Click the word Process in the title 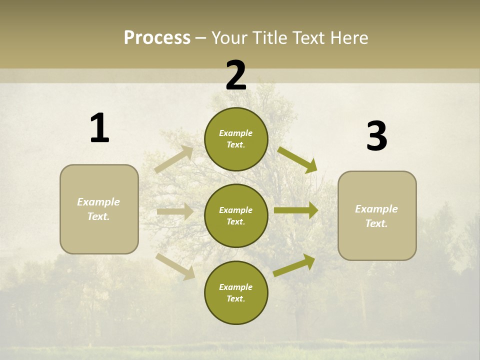pyautogui.click(x=157, y=37)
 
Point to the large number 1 pyautogui.click(x=99, y=128)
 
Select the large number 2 pyautogui.click(x=236, y=75)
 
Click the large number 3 pyautogui.click(x=376, y=136)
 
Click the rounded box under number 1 pyautogui.click(x=99, y=209)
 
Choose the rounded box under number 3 pyautogui.click(x=377, y=216)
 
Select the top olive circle pyautogui.click(x=236, y=139)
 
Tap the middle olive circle pyautogui.click(x=236, y=216)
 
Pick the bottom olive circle pyautogui.click(x=236, y=292)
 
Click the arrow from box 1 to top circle pyautogui.click(x=174, y=159)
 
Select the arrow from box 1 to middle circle pyautogui.click(x=175, y=211)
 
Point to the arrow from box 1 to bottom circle pyautogui.click(x=175, y=266)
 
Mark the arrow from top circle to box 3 pyautogui.click(x=297, y=159)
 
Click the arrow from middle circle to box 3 pyautogui.click(x=296, y=210)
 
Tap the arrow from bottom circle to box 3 pyautogui.click(x=294, y=265)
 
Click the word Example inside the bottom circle pyautogui.click(x=236, y=287)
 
